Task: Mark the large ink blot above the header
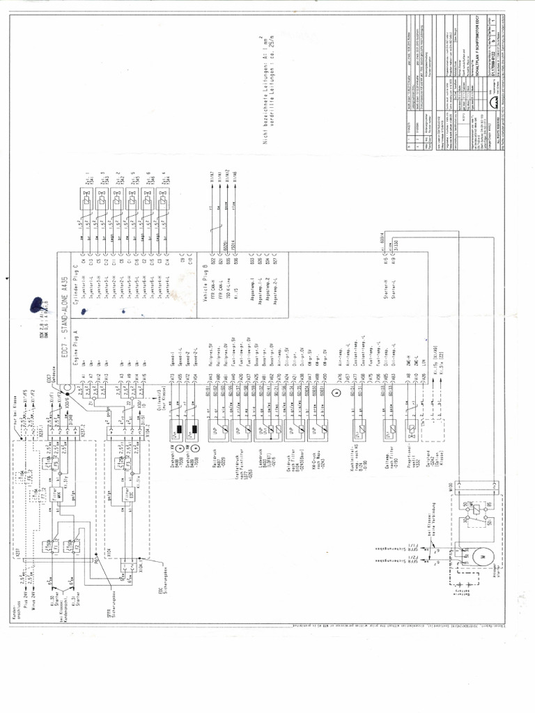[35, 306]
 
